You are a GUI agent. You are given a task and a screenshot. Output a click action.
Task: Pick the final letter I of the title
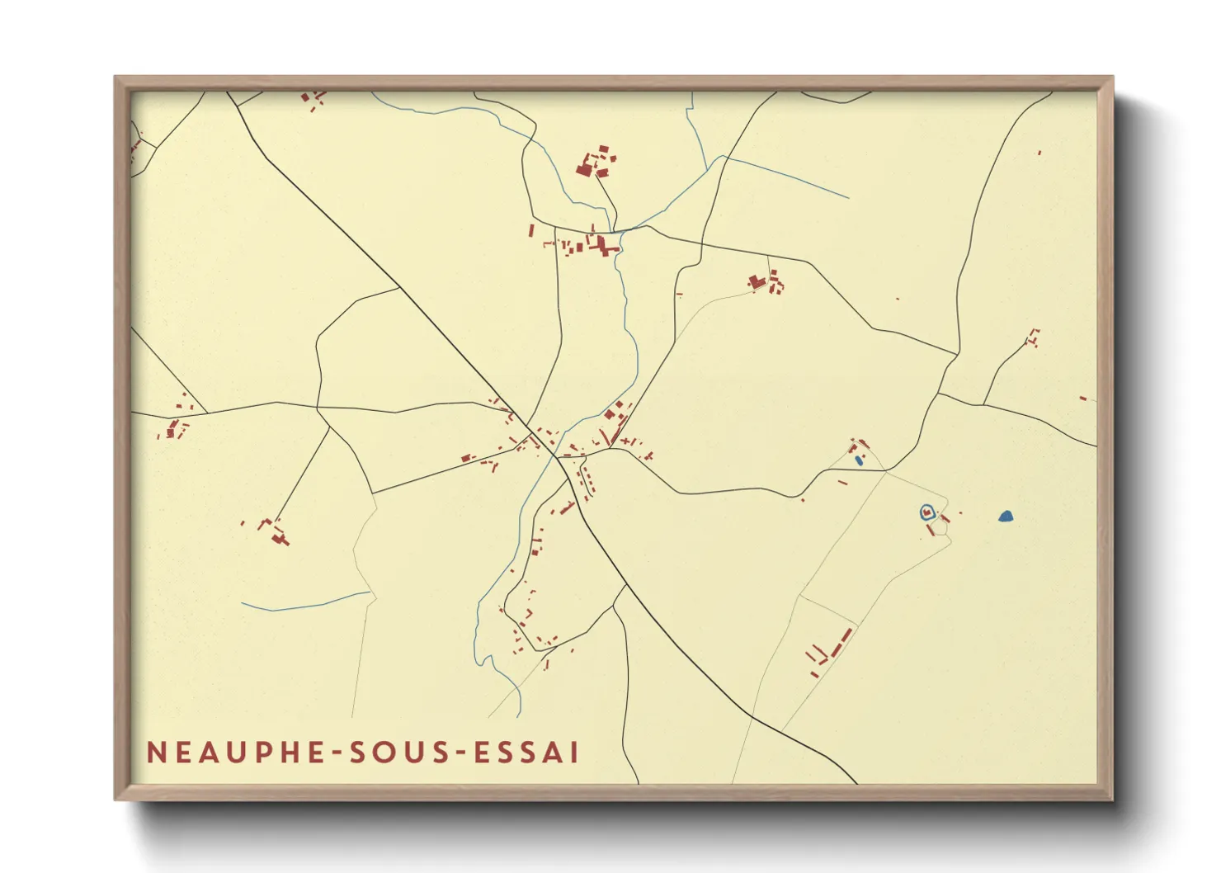(x=574, y=753)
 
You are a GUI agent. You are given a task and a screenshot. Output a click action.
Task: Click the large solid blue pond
(x=1005, y=517)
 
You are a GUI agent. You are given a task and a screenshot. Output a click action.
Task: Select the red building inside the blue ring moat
(x=927, y=512)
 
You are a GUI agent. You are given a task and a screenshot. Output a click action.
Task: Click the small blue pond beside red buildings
(x=859, y=460)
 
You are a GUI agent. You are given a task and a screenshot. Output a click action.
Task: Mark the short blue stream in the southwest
(x=305, y=603)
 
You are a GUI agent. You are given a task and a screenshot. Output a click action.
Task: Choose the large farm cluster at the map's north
(x=596, y=163)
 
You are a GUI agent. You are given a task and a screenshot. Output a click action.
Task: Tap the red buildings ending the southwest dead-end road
(x=275, y=532)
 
